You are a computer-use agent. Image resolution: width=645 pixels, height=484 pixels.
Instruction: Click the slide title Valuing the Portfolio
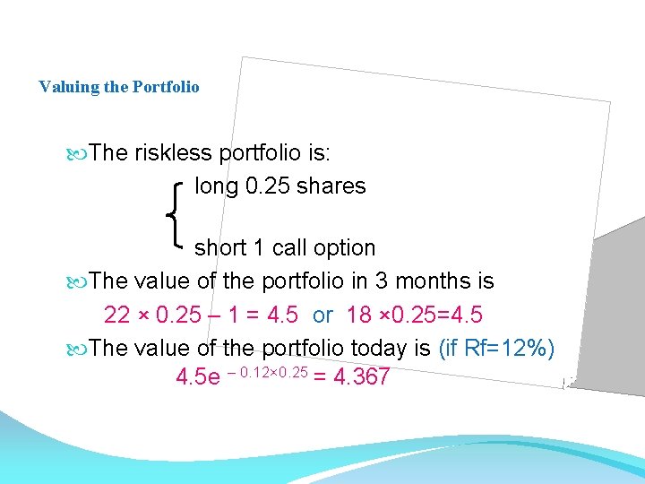(x=119, y=87)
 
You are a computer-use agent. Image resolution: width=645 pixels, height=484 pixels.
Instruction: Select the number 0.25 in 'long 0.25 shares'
(x=262, y=186)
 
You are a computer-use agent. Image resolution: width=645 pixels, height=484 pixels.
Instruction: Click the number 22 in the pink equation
(x=117, y=315)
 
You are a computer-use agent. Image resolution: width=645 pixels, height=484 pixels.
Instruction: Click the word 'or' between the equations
(x=322, y=315)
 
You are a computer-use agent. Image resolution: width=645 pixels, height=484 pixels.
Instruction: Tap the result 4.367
(x=361, y=377)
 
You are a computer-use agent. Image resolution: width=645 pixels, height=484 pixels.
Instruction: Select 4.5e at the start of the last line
(x=198, y=377)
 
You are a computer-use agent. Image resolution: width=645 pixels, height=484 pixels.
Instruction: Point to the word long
(x=215, y=186)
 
